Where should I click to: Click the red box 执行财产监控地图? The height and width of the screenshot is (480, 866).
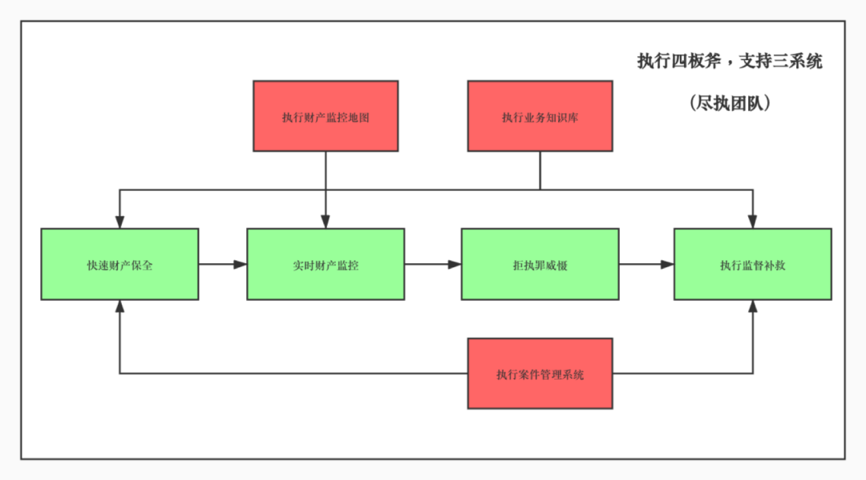coord(326,116)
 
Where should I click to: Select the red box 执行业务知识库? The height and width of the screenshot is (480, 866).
coord(540,116)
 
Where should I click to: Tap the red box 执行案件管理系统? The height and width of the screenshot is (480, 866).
coord(540,373)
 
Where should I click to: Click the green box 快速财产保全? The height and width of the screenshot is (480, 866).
coord(119,264)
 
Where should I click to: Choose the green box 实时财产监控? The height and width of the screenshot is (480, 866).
coord(326,264)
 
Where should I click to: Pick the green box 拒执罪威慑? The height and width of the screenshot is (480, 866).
coord(540,264)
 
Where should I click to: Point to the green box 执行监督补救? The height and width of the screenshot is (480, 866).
coord(752,264)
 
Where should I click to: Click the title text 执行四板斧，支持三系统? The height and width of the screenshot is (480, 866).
coord(729,62)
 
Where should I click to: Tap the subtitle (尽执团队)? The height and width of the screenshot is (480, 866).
coord(729,103)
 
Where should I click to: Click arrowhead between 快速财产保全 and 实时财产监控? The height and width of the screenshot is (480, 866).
coord(240,264)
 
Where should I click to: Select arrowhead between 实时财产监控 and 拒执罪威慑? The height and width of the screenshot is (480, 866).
coord(455,264)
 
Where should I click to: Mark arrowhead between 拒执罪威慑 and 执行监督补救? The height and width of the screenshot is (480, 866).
coord(666,264)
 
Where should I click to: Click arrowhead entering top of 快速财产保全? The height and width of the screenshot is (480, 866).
coord(119,222)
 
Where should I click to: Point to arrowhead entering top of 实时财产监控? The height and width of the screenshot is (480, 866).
coord(326,222)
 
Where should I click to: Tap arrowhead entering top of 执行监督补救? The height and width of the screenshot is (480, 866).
coord(752,222)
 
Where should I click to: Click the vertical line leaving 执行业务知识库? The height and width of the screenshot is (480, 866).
coord(540,170)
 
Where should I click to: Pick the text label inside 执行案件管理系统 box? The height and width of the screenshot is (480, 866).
coord(540,374)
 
